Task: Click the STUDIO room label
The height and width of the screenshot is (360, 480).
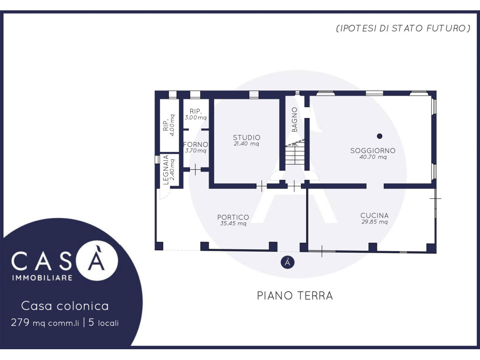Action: tap(247, 137)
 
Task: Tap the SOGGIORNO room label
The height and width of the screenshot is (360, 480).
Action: tap(373, 150)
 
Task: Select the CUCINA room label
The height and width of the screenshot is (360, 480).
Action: tap(375, 216)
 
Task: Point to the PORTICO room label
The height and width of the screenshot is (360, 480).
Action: tap(233, 217)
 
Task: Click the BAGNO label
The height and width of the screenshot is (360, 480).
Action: tap(294, 120)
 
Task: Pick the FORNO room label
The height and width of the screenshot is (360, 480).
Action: tap(195, 144)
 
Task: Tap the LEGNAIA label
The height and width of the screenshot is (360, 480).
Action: tap(165, 170)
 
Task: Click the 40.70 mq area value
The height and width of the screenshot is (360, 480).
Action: tap(373, 157)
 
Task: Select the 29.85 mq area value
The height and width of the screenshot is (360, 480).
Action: tap(375, 222)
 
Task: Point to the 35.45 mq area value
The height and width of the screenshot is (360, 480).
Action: tap(233, 224)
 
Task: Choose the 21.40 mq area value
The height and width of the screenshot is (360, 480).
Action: tap(247, 144)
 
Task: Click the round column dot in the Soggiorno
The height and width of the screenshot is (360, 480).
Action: tap(380, 136)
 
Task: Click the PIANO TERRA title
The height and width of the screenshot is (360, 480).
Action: tap(295, 296)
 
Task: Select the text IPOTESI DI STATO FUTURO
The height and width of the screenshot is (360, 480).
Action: tap(404, 29)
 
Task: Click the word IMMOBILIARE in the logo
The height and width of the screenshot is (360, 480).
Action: tap(42, 277)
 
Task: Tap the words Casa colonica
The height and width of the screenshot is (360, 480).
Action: tap(65, 306)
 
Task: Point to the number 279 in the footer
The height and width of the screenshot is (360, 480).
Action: tap(20, 322)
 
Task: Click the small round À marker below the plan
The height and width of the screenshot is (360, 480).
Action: tap(287, 262)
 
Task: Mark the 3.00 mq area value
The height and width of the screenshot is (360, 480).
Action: tap(195, 118)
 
